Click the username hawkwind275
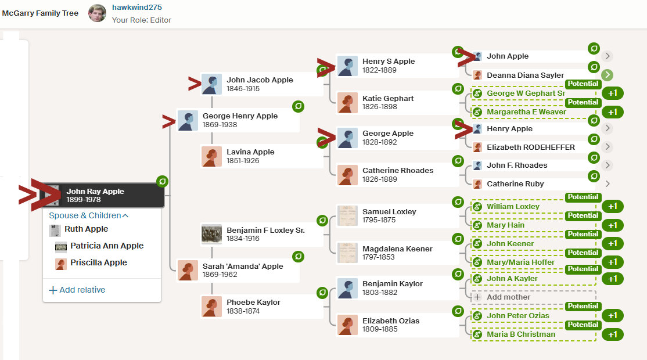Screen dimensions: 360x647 pos(136,8)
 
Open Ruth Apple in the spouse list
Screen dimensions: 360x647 pos(86,229)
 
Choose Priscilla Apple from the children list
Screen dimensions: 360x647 pos(99,263)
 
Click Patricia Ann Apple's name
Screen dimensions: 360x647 pos(107,246)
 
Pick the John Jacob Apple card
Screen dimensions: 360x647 pos(260,84)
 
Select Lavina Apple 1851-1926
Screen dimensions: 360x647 pos(250,156)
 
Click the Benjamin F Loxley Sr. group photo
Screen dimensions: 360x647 pos(211,235)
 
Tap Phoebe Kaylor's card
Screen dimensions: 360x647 pos(253,307)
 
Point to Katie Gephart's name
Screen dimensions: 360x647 pos(388,99)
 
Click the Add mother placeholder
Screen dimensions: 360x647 pos(508,297)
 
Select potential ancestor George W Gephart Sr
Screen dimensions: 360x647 pos(526,93)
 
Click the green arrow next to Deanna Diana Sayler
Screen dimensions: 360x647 pos(608,75)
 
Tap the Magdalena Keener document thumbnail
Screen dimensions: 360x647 pos(347,253)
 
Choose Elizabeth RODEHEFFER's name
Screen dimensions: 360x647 pos(531,147)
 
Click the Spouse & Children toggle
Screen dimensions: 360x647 pos(88,215)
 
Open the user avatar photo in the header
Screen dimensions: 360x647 pos(97,13)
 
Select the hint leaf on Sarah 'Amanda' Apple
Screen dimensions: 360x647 pos(299,256)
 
